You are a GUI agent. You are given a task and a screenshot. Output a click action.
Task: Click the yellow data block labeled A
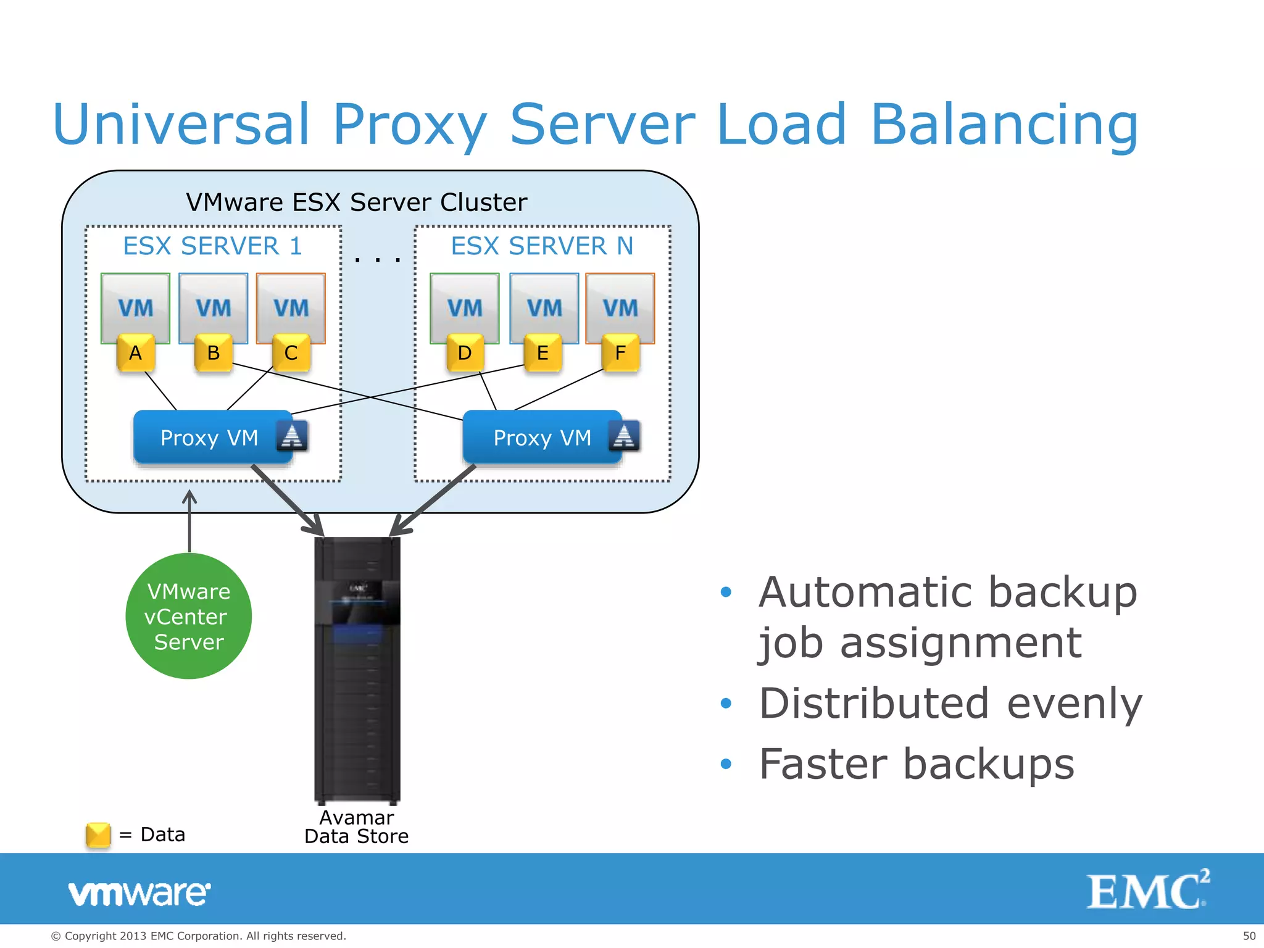pos(135,353)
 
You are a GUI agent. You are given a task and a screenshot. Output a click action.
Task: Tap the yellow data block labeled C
pos(291,353)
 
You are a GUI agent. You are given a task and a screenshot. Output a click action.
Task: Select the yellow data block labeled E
pos(543,353)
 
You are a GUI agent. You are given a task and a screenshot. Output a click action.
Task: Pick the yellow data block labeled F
pos(620,353)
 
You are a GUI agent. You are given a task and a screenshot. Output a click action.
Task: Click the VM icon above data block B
pos(213,307)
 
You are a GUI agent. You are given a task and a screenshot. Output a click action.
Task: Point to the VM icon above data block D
pos(464,307)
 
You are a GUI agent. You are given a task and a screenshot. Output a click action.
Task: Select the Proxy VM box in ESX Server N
pos(543,437)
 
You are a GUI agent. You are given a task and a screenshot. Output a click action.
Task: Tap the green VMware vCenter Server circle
pos(189,616)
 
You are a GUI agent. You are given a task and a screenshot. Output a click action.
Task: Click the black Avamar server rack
pos(357,670)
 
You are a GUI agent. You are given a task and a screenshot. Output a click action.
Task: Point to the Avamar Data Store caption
pos(357,827)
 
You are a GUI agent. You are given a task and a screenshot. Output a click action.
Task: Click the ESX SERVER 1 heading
pos(212,246)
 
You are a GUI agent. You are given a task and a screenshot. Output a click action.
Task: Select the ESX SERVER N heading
pos(542,246)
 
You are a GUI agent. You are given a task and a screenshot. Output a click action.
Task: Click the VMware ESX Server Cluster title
pos(357,202)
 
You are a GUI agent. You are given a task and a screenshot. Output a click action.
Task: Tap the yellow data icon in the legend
pos(98,835)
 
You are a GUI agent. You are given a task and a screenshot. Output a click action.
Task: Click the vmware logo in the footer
pos(139,893)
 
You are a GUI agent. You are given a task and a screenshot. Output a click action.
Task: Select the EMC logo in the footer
pos(1147,890)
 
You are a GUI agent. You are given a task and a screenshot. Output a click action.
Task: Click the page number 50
pos(1249,936)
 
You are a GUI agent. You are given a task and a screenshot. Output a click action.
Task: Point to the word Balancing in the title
pos(1004,125)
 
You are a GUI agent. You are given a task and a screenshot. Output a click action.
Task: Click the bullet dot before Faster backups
pos(726,764)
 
